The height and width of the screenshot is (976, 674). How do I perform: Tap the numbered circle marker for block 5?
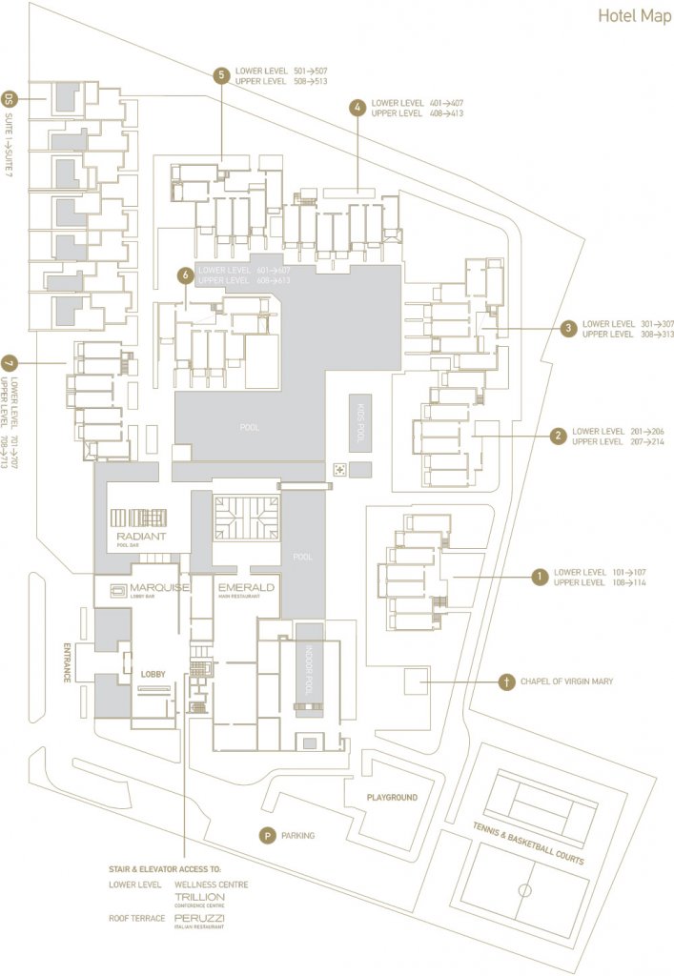tap(221, 76)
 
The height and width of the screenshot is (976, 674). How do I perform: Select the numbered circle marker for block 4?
tap(357, 108)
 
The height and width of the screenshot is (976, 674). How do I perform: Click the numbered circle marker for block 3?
tap(568, 329)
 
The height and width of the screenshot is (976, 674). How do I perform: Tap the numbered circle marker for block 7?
tap(10, 363)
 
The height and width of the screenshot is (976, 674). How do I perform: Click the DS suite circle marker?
tap(10, 98)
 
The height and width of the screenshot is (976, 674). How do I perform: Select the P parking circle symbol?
tap(269, 836)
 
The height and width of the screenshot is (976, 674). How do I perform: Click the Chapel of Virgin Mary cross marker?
tap(506, 681)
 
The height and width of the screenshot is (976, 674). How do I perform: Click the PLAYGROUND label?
tap(392, 797)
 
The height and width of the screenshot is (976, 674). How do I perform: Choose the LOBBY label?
tap(153, 674)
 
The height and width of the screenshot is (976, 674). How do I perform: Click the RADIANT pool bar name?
tap(141, 538)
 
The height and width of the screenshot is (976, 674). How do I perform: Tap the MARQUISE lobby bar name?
tap(159, 587)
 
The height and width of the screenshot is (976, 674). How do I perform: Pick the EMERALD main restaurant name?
tap(246, 587)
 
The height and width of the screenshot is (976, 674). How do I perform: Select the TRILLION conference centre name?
tap(199, 897)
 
